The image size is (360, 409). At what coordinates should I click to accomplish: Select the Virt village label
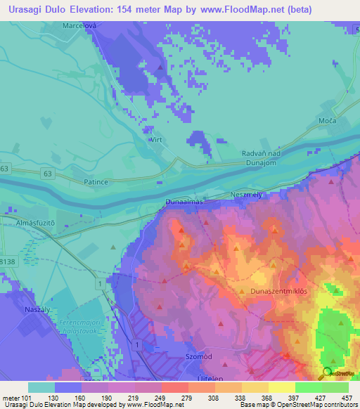point(155,141)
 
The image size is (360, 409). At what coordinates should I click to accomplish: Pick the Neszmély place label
point(246,195)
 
